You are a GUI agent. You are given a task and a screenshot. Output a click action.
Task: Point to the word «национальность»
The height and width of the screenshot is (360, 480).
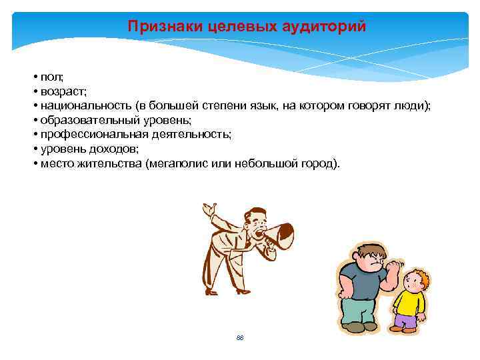pos(85,106)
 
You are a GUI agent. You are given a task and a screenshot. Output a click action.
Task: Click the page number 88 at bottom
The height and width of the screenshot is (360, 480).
pos(240,338)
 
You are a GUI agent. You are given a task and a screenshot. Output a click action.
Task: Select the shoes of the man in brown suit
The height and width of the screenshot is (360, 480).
pos(233,291)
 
